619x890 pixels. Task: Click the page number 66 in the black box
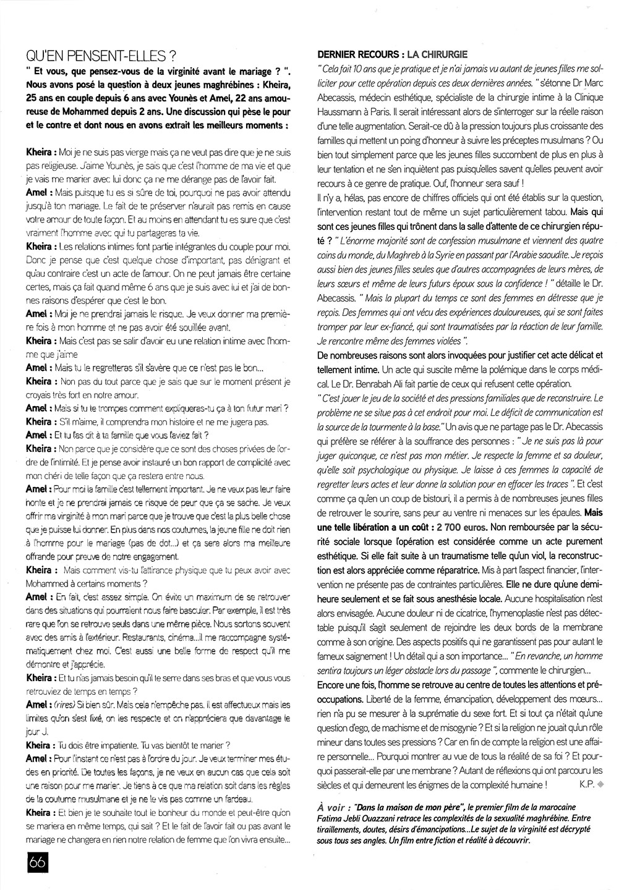click(x=37, y=863)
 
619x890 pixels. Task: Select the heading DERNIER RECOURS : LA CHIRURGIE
click(x=392, y=54)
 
